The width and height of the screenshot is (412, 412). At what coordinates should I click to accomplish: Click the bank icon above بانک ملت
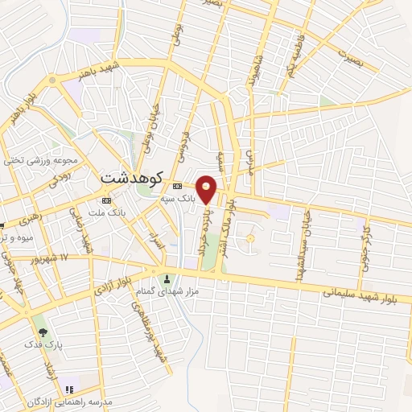coord(106,200)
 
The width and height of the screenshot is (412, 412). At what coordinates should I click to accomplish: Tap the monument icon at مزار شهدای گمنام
coord(167,280)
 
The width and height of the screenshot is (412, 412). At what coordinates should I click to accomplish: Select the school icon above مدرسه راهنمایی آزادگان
coord(80,389)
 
